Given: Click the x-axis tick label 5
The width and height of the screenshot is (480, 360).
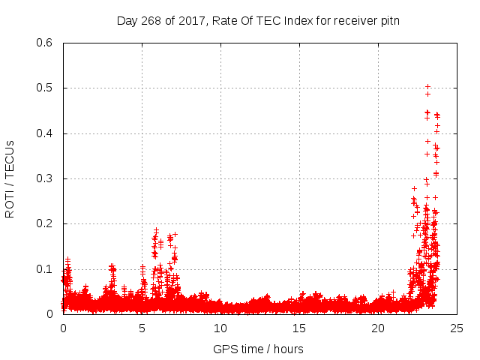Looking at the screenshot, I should coord(142,328).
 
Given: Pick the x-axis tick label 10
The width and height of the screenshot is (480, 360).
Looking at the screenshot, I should coord(220,328).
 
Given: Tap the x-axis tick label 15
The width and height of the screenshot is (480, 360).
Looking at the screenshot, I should coord(299,328).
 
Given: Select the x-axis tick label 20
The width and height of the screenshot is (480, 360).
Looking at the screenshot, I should coord(378,328).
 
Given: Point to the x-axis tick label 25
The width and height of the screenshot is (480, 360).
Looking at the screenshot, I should coord(457,328).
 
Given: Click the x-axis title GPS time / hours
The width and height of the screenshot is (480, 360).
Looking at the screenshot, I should coord(258,349).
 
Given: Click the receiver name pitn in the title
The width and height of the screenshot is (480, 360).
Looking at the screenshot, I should coord(388,20).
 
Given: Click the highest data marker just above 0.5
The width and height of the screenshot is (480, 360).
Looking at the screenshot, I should coord(427,86).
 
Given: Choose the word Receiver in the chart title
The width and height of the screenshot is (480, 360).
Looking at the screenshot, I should coord(350,20).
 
